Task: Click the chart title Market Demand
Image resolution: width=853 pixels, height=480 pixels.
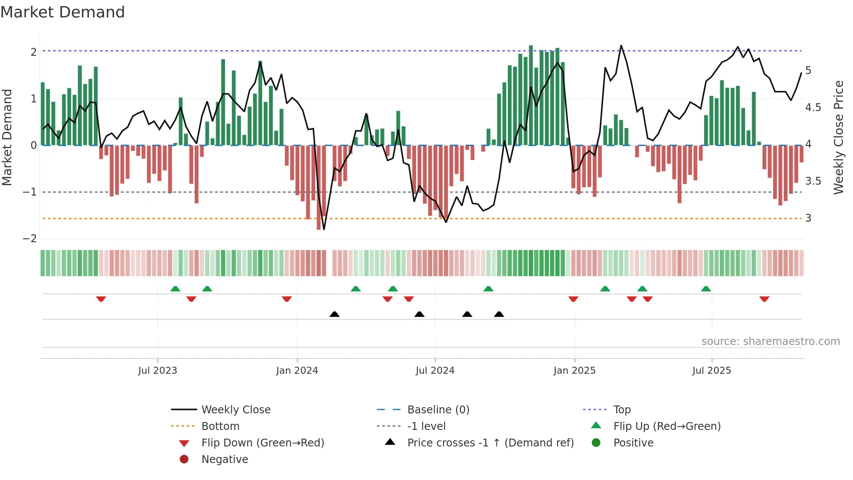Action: [63, 12]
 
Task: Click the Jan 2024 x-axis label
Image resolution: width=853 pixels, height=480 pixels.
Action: [297, 371]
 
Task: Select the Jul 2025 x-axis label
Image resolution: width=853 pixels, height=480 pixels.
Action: [712, 371]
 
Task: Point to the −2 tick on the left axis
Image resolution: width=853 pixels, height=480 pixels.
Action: [30, 239]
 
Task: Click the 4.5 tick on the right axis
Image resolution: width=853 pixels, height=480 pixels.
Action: [813, 108]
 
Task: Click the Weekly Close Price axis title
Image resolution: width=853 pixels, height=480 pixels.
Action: [838, 137]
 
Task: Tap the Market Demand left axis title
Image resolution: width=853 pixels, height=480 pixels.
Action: [7, 137]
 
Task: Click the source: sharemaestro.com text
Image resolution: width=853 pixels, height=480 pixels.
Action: [770, 341]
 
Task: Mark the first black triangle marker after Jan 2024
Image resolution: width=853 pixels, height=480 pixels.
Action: [334, 314]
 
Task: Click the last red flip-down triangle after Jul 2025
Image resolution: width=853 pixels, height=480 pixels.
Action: [764, 299]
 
